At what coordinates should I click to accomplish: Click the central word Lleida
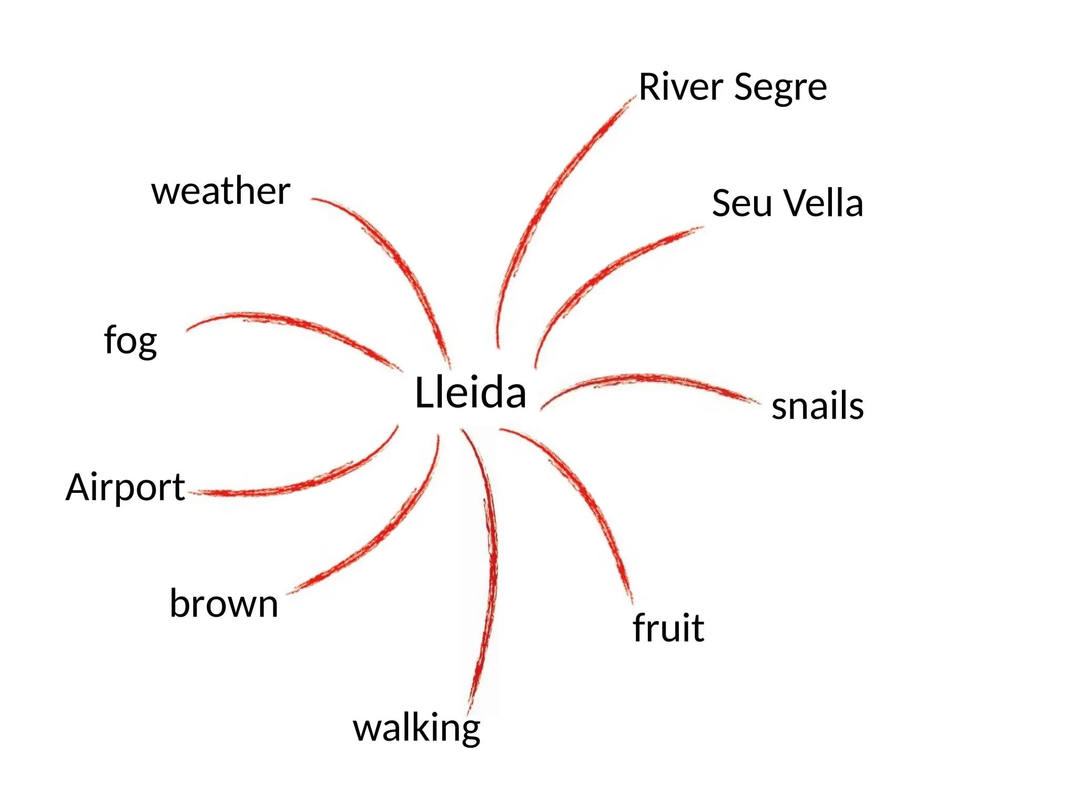tap(470, 392)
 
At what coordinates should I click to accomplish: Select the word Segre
tap(780, 88)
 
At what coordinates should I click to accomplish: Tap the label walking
tap(416, 728)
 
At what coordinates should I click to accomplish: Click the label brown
tap(223, 604)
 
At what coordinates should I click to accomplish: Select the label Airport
tap(125, 487)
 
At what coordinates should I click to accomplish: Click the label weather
tap(221, 191)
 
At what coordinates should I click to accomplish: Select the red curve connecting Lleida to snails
tap(647, 378)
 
